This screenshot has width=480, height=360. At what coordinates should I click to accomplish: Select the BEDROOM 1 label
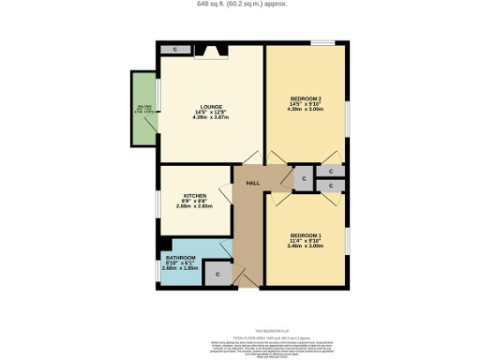(x=305, y=234)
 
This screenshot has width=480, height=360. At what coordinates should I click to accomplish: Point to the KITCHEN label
(x=195, y=196)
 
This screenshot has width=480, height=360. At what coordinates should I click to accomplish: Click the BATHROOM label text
(x=181, y=257)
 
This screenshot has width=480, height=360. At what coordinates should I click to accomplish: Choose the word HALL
(x=252, y=183)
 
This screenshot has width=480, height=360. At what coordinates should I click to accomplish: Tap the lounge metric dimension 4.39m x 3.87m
(x=211, y=118)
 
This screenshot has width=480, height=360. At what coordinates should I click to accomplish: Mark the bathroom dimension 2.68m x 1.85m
(x=182, y=268)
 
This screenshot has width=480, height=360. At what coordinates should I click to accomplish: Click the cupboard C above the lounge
(x=174, y=49)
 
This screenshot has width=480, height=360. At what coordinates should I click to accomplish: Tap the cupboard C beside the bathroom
(x=217, y=274)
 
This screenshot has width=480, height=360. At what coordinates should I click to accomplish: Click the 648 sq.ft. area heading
(x=239, y=5)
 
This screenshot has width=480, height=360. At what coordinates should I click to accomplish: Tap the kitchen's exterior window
(x=157, y=201)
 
